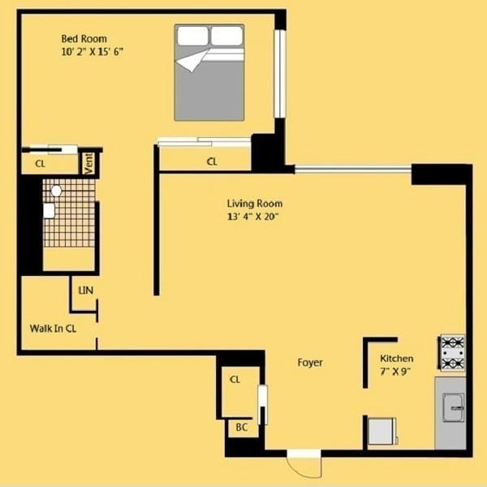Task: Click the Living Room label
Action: [x=255, y=204]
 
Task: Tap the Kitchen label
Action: [x=397, y=358]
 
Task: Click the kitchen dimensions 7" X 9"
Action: [x=395, y=371]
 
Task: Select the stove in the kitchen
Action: [x=452, y=352]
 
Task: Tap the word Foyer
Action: [x=310, y=362]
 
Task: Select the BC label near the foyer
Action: [x=241, y=427]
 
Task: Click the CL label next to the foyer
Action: [x=235, y=379]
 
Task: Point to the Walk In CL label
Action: [x=53, y=329]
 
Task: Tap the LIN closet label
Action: [x=84, y=289]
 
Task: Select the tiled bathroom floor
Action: [x=69, y=213]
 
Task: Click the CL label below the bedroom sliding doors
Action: [x=212, y=162]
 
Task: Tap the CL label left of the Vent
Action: [x=39, y=163]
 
